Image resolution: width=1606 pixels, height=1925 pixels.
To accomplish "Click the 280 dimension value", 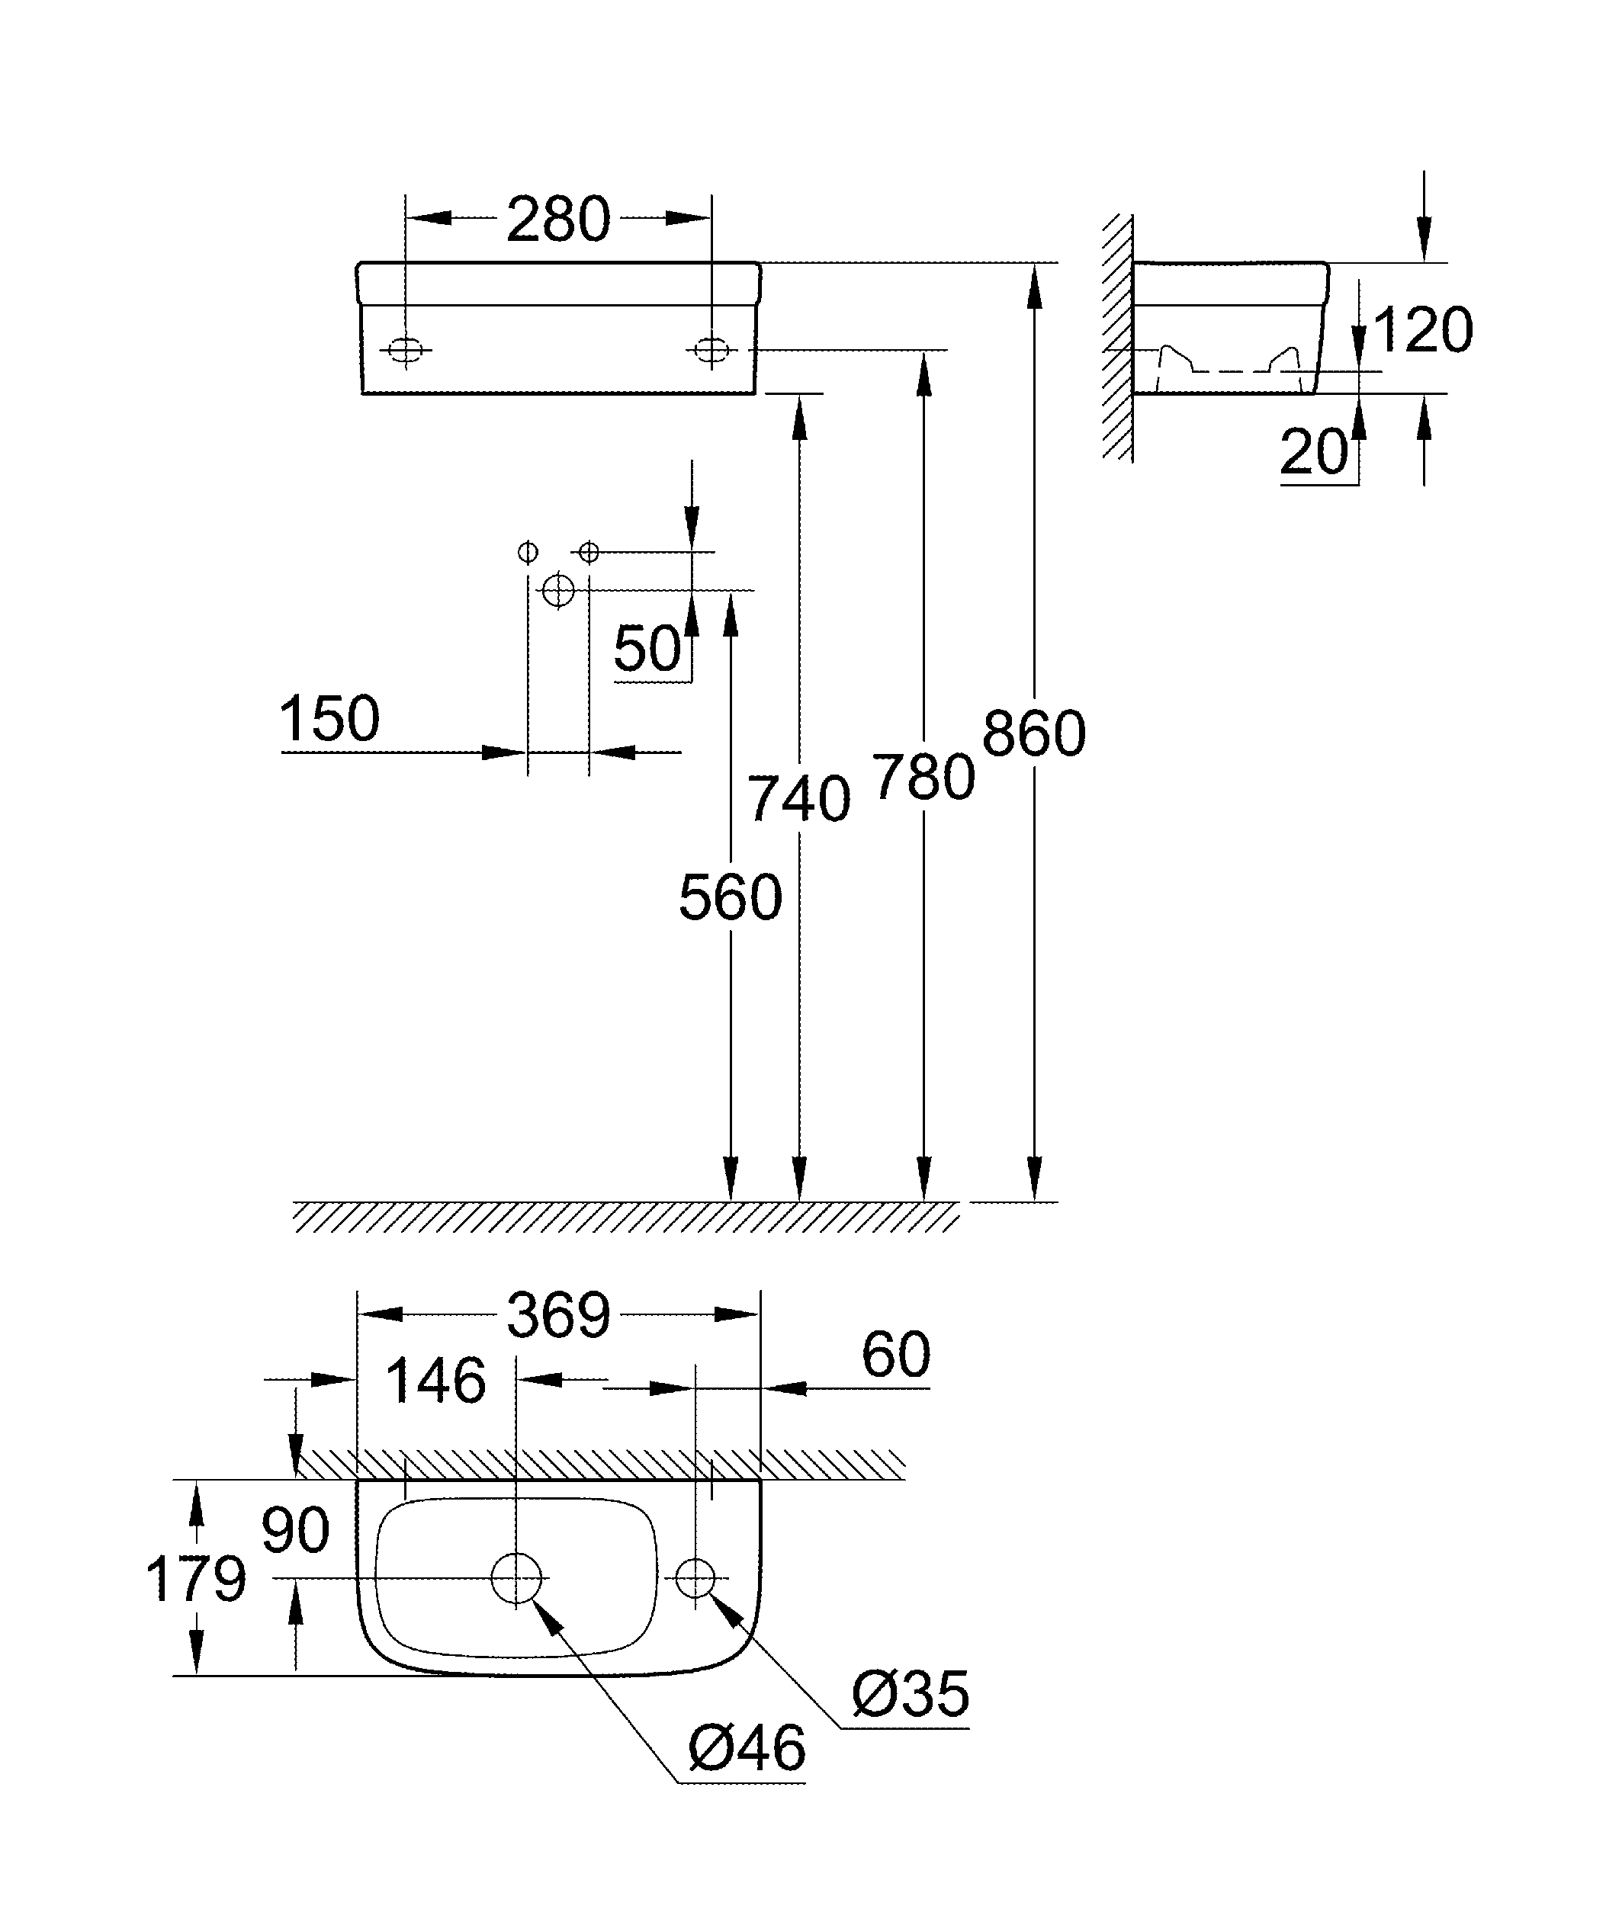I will pyautogui.click(x=558, y=220).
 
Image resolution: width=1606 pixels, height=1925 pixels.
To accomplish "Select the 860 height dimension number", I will pyautogui.click(x=1034, y=733).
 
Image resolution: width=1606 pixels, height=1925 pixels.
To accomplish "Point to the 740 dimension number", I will pyautogui.click(x=798, y=799).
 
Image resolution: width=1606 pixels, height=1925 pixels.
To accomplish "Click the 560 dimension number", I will pyautogui.click(x=731, y=897).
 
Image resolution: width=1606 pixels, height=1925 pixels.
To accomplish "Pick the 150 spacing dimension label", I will pyautogui.click(x=329, y=719).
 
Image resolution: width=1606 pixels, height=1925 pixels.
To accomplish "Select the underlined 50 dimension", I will pyautogui.click(x=647, y=649).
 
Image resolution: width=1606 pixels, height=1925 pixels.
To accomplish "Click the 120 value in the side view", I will pyautogui.click(x=1423, y=330).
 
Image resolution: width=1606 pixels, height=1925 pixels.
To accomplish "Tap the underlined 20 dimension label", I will pyautogui.click(x=1314, y=452).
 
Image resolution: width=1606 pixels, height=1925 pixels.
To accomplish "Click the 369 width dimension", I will pyautogui.click(x=558, y=1315).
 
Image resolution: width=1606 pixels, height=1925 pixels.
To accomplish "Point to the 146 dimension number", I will pyautogui.click(x=435, y=1381).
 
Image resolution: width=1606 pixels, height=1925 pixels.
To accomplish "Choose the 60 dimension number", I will pyautogui.click(x=895, y=1354).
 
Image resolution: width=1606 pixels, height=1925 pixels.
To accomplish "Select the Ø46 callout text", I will pyautogui.click(x=747, y=1748).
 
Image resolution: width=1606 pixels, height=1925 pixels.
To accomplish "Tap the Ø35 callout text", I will pyautogui.click(x=911, y=1694).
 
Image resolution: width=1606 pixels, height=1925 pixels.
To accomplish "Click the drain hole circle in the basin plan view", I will pyautogui.click(x=516, y=1578).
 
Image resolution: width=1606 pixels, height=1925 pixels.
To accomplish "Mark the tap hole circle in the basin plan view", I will pyautogui.click(x=695, y=1577).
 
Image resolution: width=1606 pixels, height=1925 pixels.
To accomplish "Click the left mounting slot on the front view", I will pyautogui.click(x=406, y=350).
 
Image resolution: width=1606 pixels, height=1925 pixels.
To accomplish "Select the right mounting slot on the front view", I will pyautogui.click(x=711, y=350).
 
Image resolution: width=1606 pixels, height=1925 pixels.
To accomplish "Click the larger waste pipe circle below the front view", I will pyautogui.click(x=558, y=590).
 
